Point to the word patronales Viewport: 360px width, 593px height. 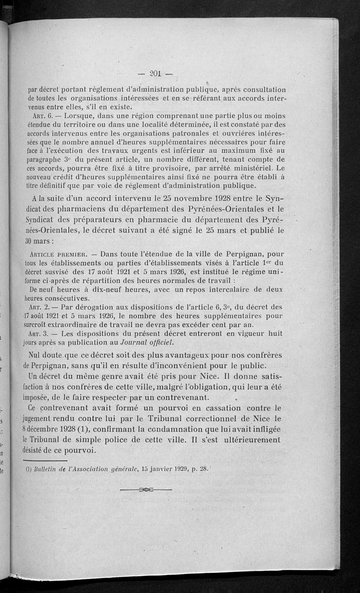click(192, 133)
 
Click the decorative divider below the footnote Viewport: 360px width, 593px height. click(147, 490)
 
